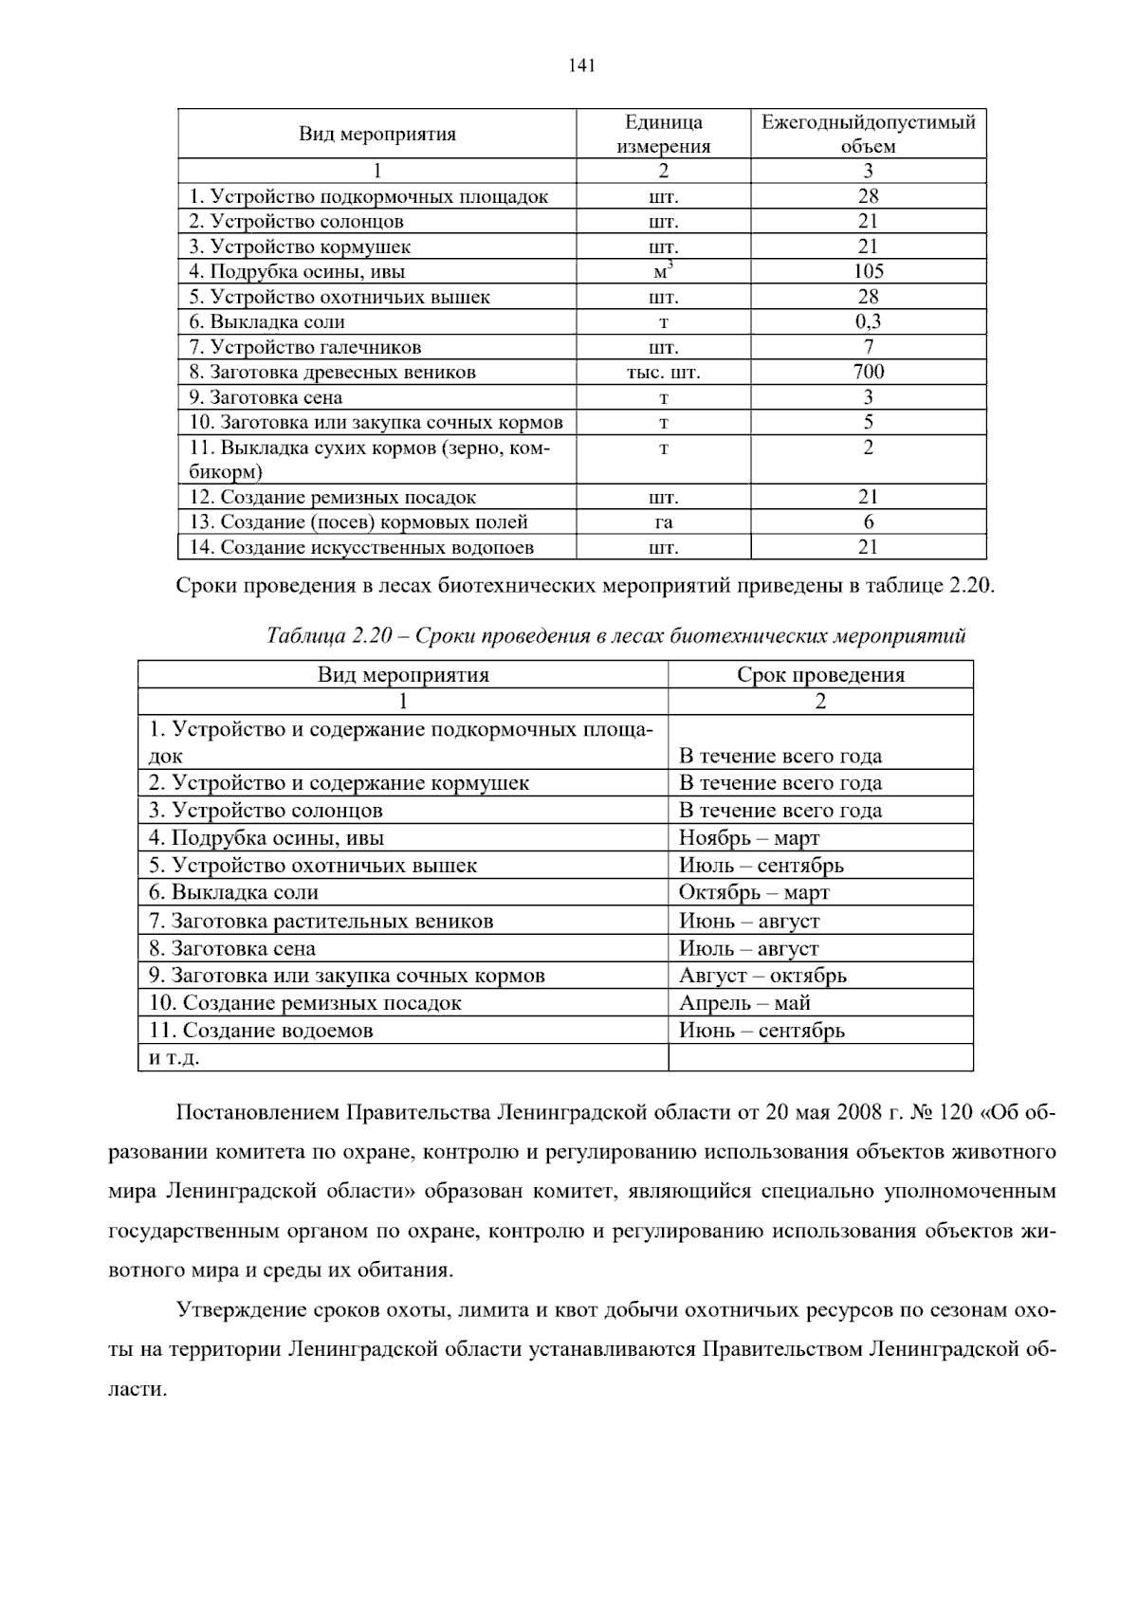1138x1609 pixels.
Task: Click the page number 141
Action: pyautogui.click(x=581, y=65)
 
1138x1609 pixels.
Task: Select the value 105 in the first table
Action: pyautogui.click(x=868, y=271)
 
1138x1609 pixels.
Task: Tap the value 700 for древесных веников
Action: pyautogui.click(x=868, y=372)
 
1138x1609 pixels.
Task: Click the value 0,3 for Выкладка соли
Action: pyautogui.click(x=868, y=321)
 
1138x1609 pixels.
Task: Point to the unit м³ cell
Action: pyautogui.click(x=664, y=272)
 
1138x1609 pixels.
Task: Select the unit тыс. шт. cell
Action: pyautogui.click(x=664, y=373)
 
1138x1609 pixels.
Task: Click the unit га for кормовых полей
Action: pyautogui.click(x=664, y=522)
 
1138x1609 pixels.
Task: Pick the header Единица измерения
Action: pyautogui.click(x=664, y=134)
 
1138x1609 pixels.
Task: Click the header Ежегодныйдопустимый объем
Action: pyautogui.click(x=868, y=134)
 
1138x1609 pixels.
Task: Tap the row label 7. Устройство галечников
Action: pyautogui.click(x=305, y=347)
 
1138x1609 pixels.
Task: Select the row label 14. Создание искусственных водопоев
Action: pyautogui.click(x=361, y=547)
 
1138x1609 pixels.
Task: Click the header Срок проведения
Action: pyautogui.click(x=820, y=675)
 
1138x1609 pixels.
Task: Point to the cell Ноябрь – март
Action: pyautogui.click(x=749, y=838)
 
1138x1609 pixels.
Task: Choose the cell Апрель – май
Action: pyautogui.click(x=744, y=1003)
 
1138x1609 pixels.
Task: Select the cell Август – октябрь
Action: pyautogui.click(x=762, y=976)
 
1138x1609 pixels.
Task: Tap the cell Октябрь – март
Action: pyautogui.click(x=754, y=893)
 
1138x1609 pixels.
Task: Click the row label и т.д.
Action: pyautogui.click(x=174, y=1058)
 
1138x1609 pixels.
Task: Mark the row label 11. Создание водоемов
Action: pyautogui.click(x=261, y=1031)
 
